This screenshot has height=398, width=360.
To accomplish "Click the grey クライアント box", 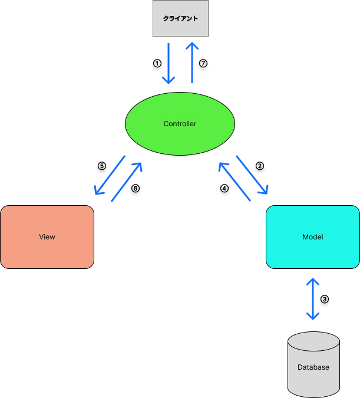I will [x=180, y=18].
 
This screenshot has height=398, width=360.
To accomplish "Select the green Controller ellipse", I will [x=180, y=124].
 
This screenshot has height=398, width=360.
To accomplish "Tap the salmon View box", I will [x=47, y=237].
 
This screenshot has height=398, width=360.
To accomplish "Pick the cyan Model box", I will [x=312, y=237].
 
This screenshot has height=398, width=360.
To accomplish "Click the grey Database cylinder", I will [x=313, y=363].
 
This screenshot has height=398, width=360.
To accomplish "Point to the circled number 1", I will [x=157, y=63].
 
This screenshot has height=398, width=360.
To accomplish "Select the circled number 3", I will [x=324, y=299].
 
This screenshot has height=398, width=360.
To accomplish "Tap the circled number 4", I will [x=224, y=189].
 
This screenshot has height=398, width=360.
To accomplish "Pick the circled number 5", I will [x=101, y=166].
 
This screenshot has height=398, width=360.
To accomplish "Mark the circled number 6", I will [x=135, y=189].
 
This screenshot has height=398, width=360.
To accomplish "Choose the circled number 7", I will [x=203, y=63].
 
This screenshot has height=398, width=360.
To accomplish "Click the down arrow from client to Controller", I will [x=169, y=63].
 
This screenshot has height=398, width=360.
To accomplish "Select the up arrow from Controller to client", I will [x=191, y=63].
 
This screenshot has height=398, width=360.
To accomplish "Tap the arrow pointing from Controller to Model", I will [x=252, y=175].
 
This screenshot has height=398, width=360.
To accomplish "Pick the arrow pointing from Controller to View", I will [x=110, y=176].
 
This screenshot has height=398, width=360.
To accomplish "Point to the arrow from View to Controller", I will [x=127, y=182].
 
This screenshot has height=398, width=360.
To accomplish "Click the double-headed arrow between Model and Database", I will [x=312, y=299].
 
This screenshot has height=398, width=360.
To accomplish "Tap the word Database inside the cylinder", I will [x=313, y=367].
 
